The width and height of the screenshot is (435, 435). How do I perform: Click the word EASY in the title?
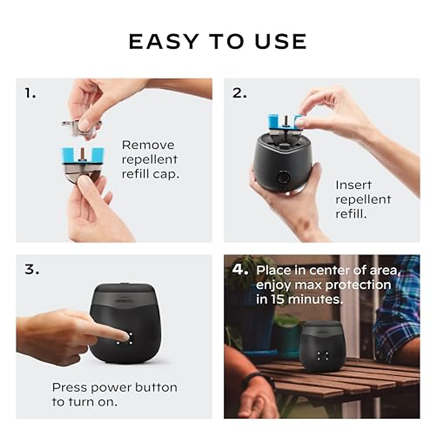coord(164,41)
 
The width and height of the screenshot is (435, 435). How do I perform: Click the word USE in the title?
coord(281,41)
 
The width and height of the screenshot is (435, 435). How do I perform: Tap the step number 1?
coord(30,94)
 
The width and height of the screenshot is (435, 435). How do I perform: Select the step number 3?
coord(32,270)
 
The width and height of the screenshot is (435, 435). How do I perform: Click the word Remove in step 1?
coord(148,145)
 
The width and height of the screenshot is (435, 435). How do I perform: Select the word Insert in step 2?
coord(353,185)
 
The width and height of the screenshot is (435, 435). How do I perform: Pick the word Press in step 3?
coord(70,387)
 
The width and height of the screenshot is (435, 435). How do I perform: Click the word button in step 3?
coord(156,387)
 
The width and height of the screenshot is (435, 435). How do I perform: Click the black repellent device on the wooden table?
coord(321,346)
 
